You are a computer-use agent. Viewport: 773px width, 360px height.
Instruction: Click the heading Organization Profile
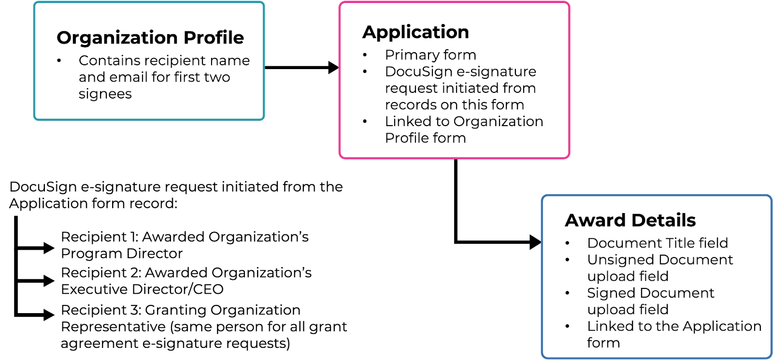click(x=150, y=38)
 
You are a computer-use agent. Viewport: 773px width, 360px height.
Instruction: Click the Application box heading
click(x=415, y=32)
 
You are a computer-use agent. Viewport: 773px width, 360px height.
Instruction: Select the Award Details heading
click(x=630, y=220)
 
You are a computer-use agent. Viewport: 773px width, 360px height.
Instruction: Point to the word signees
click(x=105, y=94)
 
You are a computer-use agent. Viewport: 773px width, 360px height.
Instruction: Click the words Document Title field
click(x=658, y=243)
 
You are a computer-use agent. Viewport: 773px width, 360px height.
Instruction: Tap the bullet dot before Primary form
click(x=365, y=55)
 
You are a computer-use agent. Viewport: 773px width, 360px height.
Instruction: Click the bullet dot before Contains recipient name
click(x=59, y=61)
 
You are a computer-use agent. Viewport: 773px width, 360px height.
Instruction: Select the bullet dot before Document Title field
click(x=568, y=243)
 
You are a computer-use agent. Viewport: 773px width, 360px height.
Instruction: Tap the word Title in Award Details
click(x=679, y=243)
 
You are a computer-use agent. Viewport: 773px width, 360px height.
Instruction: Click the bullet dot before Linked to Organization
click(x=365, y=122)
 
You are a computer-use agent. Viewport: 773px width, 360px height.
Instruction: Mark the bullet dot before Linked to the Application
click(x=568, y=327)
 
